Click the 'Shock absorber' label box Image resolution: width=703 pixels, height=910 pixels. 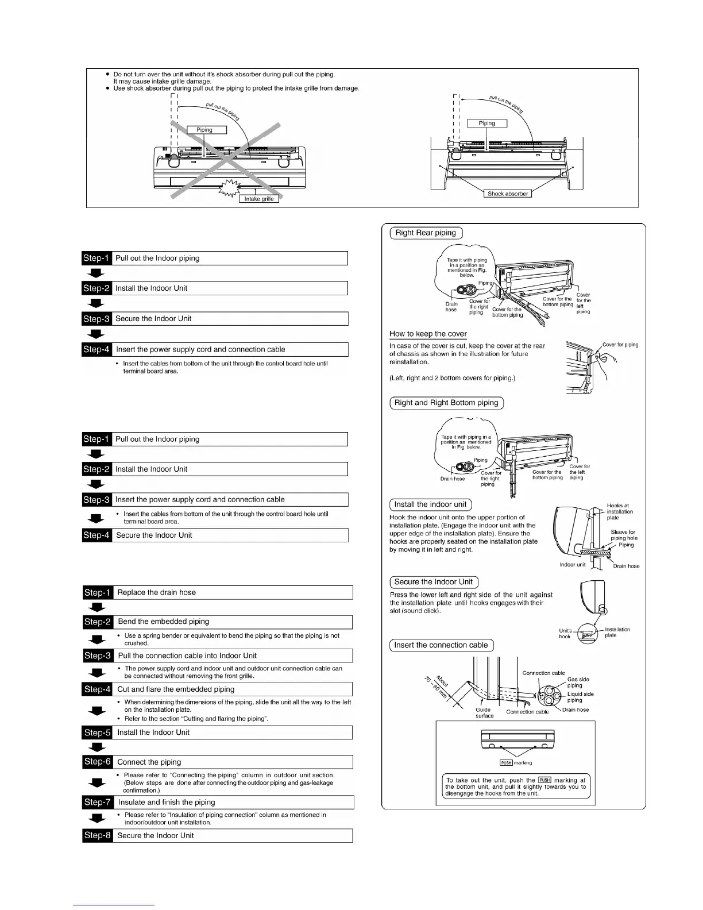(508, 194)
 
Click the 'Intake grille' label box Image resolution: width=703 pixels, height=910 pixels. (259, 199)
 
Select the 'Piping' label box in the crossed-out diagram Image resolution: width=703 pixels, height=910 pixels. (204, 130)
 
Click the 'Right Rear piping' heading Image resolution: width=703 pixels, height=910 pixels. (426, 233)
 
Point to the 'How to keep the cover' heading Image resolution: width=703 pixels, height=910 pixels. (428, 334)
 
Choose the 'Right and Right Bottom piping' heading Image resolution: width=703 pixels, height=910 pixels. (446, 403)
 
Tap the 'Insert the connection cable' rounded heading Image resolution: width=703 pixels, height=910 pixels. (441, 645)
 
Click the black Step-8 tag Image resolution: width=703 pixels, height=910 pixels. (98, 835)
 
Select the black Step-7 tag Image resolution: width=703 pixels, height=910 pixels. (98, 802)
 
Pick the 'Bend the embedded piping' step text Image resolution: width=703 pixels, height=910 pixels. (163, 622)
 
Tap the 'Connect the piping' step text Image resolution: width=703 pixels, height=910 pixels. (149, 762)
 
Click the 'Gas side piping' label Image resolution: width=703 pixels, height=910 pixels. (578, 682)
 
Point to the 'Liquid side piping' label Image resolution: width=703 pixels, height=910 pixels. (580, 697)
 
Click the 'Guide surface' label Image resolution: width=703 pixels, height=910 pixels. (484, 713)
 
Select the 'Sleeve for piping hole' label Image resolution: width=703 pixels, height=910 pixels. (623, 535)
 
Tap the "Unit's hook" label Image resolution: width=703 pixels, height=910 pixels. (565, 633)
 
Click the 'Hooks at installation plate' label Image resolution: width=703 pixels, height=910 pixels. (620, 511)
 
